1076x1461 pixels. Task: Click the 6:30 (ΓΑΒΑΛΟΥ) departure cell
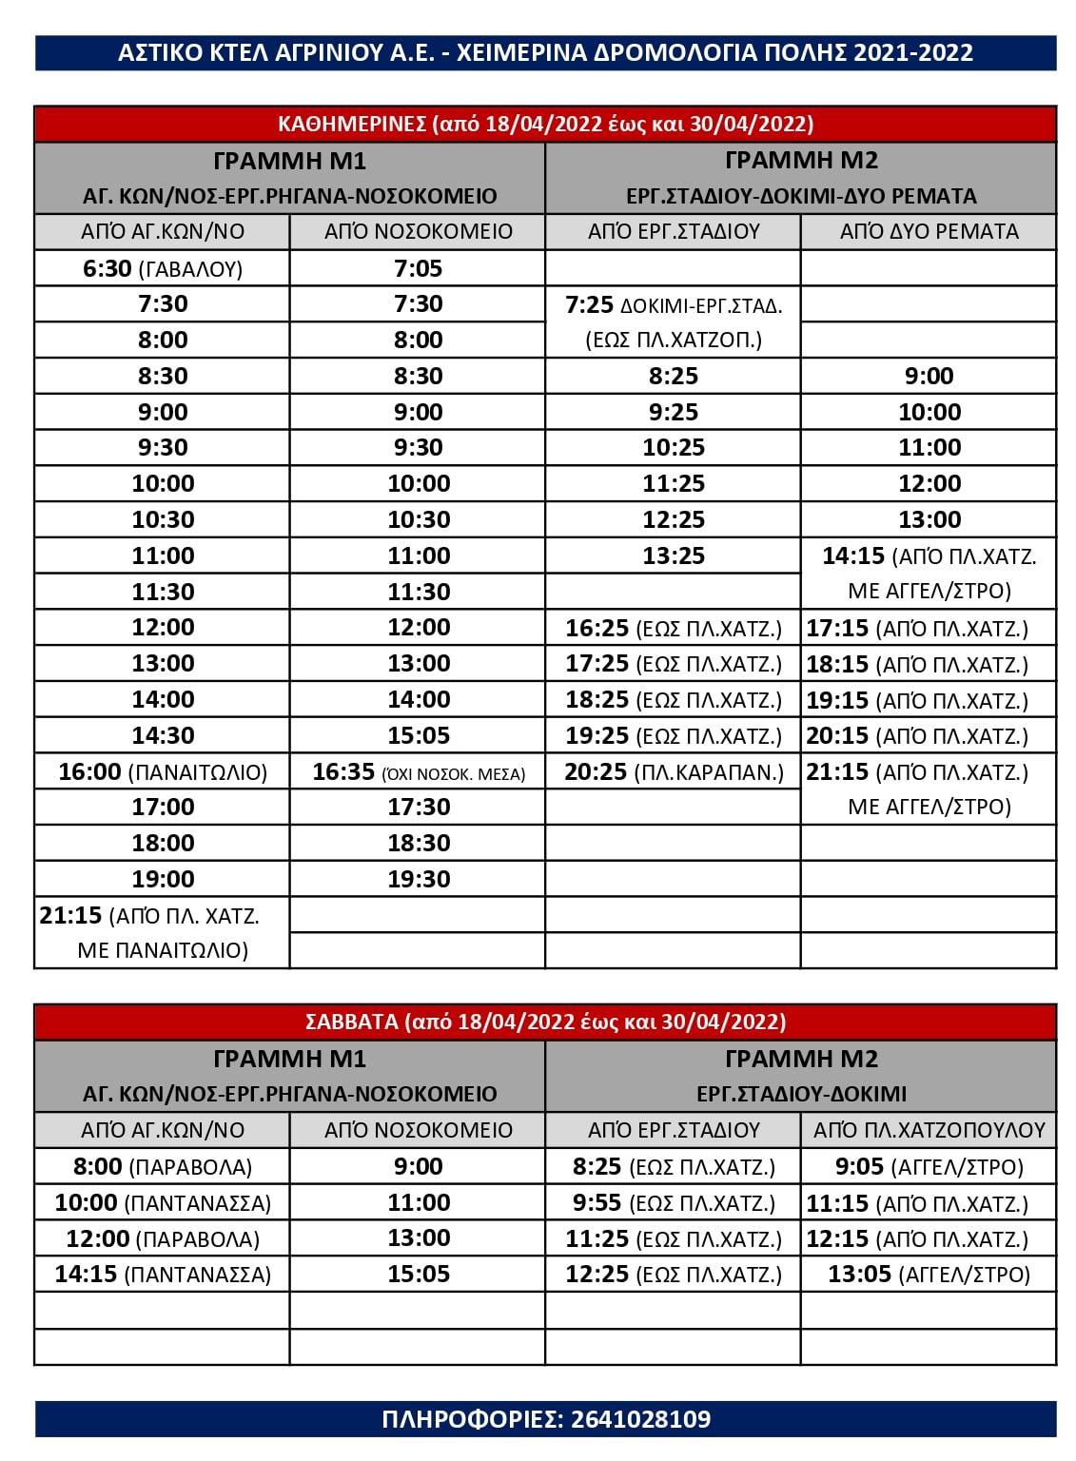(163, 269)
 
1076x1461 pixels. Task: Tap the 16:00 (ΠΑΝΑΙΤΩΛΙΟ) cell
(163, 771)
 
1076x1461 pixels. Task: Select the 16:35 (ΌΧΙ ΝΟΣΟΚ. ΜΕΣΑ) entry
(419, 771)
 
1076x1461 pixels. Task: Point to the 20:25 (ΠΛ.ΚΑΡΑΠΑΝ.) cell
(674, 771)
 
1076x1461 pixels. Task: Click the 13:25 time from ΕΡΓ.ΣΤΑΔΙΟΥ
(674, 556)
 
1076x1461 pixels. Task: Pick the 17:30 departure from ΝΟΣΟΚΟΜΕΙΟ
(419, 808)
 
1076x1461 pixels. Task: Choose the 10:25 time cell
(674, 448)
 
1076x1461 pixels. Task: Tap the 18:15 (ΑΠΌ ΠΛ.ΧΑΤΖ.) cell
(929, 664)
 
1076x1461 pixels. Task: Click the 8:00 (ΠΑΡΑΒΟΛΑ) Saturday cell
(163, 1167)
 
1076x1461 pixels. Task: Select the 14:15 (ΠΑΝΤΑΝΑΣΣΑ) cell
(163, 1275)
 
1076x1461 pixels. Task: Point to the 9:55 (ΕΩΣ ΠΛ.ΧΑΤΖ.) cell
(674, 1203)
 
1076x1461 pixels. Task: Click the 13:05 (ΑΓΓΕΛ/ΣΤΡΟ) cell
(929, 1275)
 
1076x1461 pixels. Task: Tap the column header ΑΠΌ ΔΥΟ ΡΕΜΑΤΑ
(929, 231)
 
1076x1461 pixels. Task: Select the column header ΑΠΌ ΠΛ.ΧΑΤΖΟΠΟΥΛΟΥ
(929, 1130)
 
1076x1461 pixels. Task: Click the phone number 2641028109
(640, 1419)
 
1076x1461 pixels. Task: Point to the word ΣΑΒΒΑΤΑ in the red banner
(351, 1023)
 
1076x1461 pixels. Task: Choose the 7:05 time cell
(419, 269)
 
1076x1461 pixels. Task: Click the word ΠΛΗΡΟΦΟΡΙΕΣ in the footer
(470, 1419)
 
